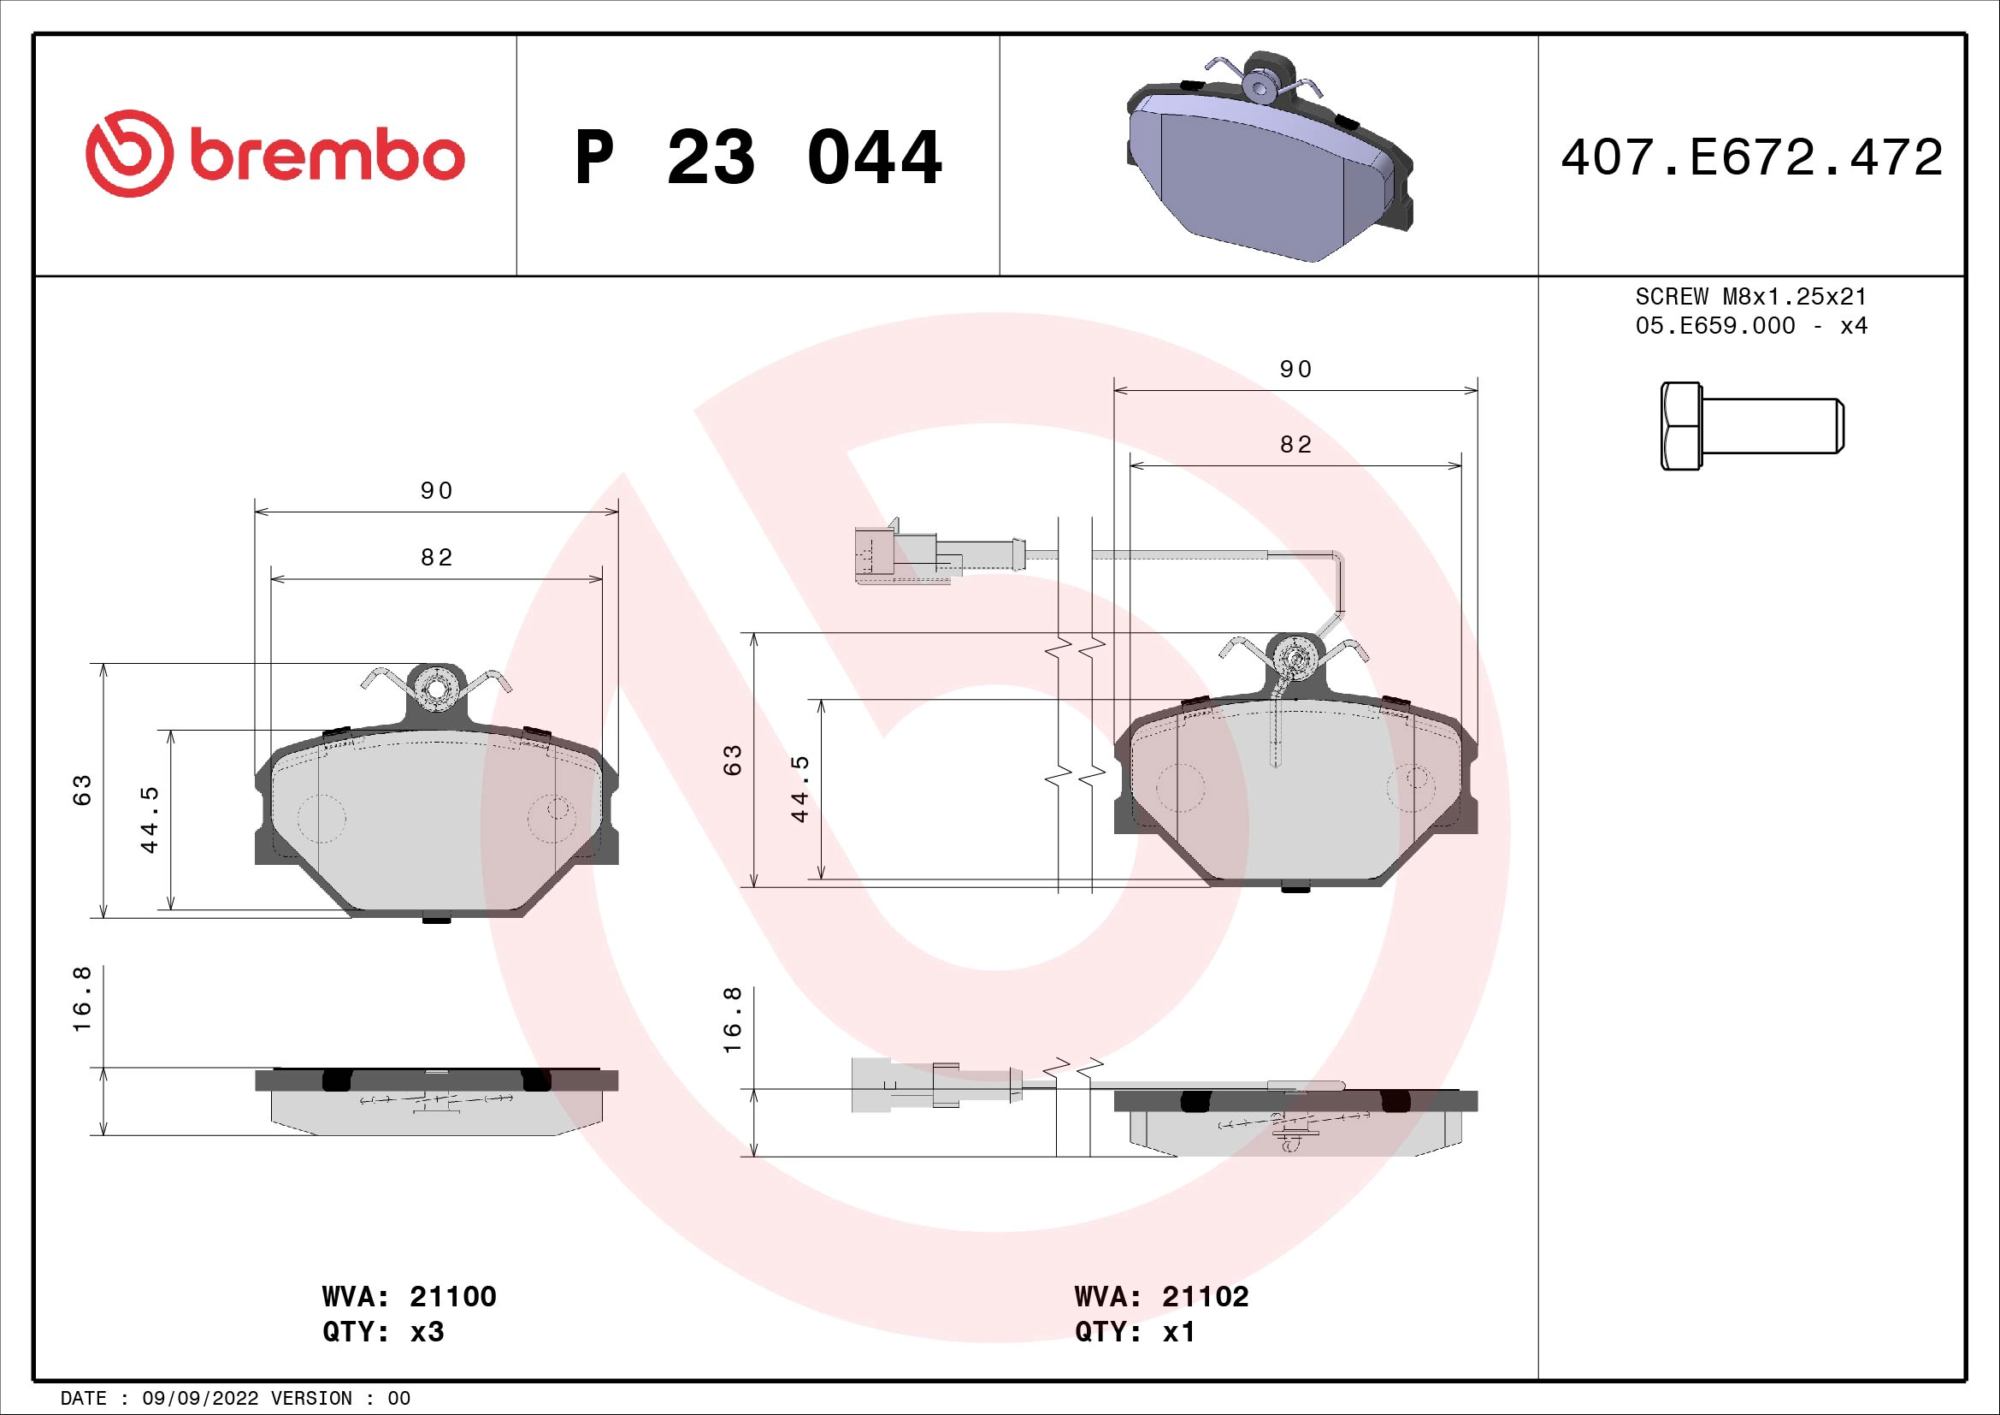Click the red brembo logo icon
pyautogui.click(x=126, y=153)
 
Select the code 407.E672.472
pyautogui.click(x=1752, y=157)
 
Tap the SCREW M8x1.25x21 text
pyautogui.click(x=1751, y=296)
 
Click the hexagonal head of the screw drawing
pyautogui.click(x=1680, y=426)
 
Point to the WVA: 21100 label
pyautogui.click(x=409, y=1296)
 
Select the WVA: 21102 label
pyautogui.click(x=1161, y=1296)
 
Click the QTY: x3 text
pyautogui.click(x=382, y=1332)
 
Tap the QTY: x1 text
pyautogui.click(x=1134, y=1332)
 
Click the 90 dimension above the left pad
pyautogui.click(x=436, y=491)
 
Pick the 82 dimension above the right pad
pyautogui.click(x=1295, y=445)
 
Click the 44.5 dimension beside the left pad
pyautogui.click(x=150, y=819)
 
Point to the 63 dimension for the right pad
pyautogui.click(x=734, y=760)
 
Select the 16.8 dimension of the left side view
pyautogui.click(x=82, y=1010)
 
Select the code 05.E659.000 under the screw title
pyautogui.click(x=1714, y=326)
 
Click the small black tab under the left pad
pyautogui.click(x=435, y=918)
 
